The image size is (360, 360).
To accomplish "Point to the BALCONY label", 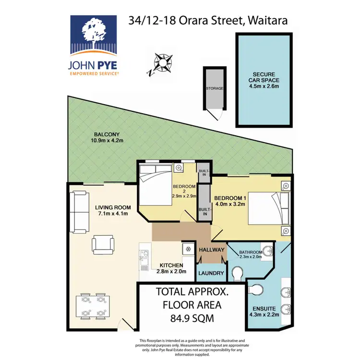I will [x=104, y=134].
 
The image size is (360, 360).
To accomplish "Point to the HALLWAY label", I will [x=211, y=250].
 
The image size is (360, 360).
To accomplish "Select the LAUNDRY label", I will [x=211, y=273].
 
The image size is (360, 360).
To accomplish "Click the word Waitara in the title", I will [x=267, y=21].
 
